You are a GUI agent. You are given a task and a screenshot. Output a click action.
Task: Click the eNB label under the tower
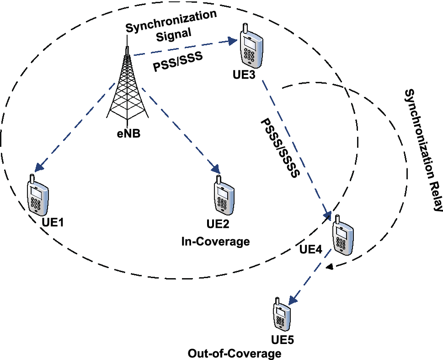click(x=127, y=135)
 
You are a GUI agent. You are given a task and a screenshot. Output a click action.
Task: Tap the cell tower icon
click(x=127, y=87)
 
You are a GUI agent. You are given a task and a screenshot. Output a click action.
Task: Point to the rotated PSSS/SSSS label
click(x=279, y=148)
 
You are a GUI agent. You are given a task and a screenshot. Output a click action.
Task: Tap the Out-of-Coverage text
click(x=234, y=354)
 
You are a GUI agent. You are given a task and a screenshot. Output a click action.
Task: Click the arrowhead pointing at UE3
click(x=231, y=43)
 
